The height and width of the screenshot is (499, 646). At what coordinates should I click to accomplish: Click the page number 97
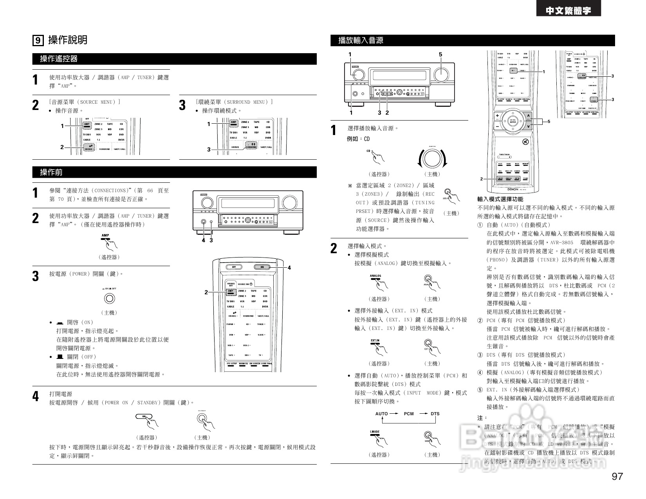(x=617, y=476)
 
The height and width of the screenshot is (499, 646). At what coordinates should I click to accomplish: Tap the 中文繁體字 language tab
(x=568, y=11)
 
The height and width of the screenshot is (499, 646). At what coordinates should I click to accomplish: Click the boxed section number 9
(x=38, y=40)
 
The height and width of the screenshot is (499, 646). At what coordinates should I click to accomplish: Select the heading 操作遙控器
(x=59, y=59)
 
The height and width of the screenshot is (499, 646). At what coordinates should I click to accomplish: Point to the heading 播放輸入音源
(x=361, y=40)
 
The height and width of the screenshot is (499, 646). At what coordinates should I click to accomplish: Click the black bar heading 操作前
(x=51, y=172)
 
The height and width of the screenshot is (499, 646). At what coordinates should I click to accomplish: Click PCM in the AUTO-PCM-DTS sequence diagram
(x=409, y=414)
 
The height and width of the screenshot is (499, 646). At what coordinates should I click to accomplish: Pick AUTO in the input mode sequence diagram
(x=381, y=414)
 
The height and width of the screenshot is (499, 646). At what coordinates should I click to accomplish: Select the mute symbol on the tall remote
(x=525, y=142)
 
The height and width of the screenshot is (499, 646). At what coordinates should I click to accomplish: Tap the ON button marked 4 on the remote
(x=263, y=267)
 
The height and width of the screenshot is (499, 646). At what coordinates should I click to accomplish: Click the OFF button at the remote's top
(x=234, y=267)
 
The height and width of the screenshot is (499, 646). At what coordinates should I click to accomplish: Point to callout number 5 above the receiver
(x=440, y=54)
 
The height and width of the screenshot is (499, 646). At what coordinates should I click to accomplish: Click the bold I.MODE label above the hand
(x=375, y=432)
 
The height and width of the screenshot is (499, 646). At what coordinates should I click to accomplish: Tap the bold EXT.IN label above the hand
(x=375, y=340)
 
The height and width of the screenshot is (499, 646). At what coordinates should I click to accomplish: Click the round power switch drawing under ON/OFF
(x=110, y=299)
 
